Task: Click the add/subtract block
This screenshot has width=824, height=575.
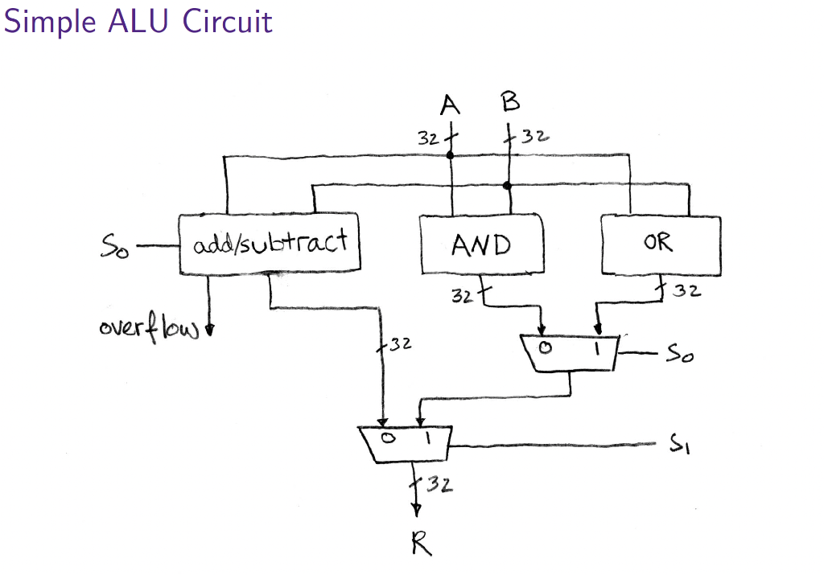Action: (270, 242)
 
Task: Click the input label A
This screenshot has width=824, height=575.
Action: (451, 105)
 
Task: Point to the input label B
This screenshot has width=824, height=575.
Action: (509, 102)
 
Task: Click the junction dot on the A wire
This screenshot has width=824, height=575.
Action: (451, 155)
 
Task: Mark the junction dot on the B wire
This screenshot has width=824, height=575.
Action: (507, 186)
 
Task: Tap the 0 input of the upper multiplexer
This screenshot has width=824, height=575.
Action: (544, 348)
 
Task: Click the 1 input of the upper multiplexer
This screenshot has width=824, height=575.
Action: (597, 348)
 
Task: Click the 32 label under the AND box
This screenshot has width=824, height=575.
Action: (460, 297)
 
